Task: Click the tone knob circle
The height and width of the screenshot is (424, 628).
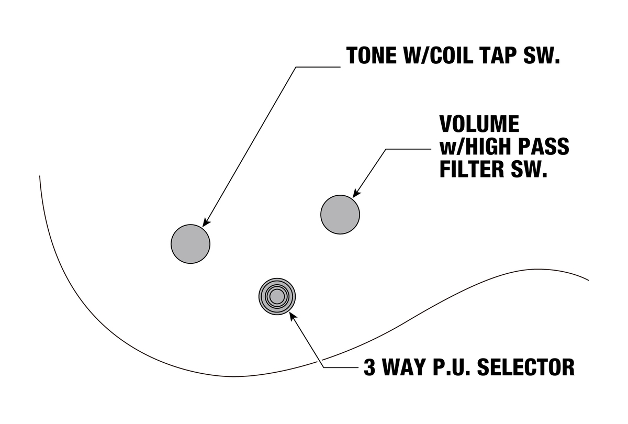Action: tap(190, 244)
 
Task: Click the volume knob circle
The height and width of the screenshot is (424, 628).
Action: tap(340, 215)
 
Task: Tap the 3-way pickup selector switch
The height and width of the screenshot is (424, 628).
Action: tap(277, 296)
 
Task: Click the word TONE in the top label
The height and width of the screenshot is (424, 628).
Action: tap(372, 55)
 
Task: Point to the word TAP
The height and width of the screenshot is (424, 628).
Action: tap(505, 55)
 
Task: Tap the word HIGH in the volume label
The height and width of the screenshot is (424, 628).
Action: tap(491, 147)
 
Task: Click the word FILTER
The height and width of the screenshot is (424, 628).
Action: tap(473, 169)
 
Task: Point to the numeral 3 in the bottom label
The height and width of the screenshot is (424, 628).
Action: tap(369, 367)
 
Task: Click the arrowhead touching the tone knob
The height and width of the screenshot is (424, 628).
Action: tap(206, 222)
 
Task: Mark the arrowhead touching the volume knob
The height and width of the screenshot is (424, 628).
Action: tap(356, 194)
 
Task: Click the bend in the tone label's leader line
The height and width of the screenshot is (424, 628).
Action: tap(296, 67)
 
